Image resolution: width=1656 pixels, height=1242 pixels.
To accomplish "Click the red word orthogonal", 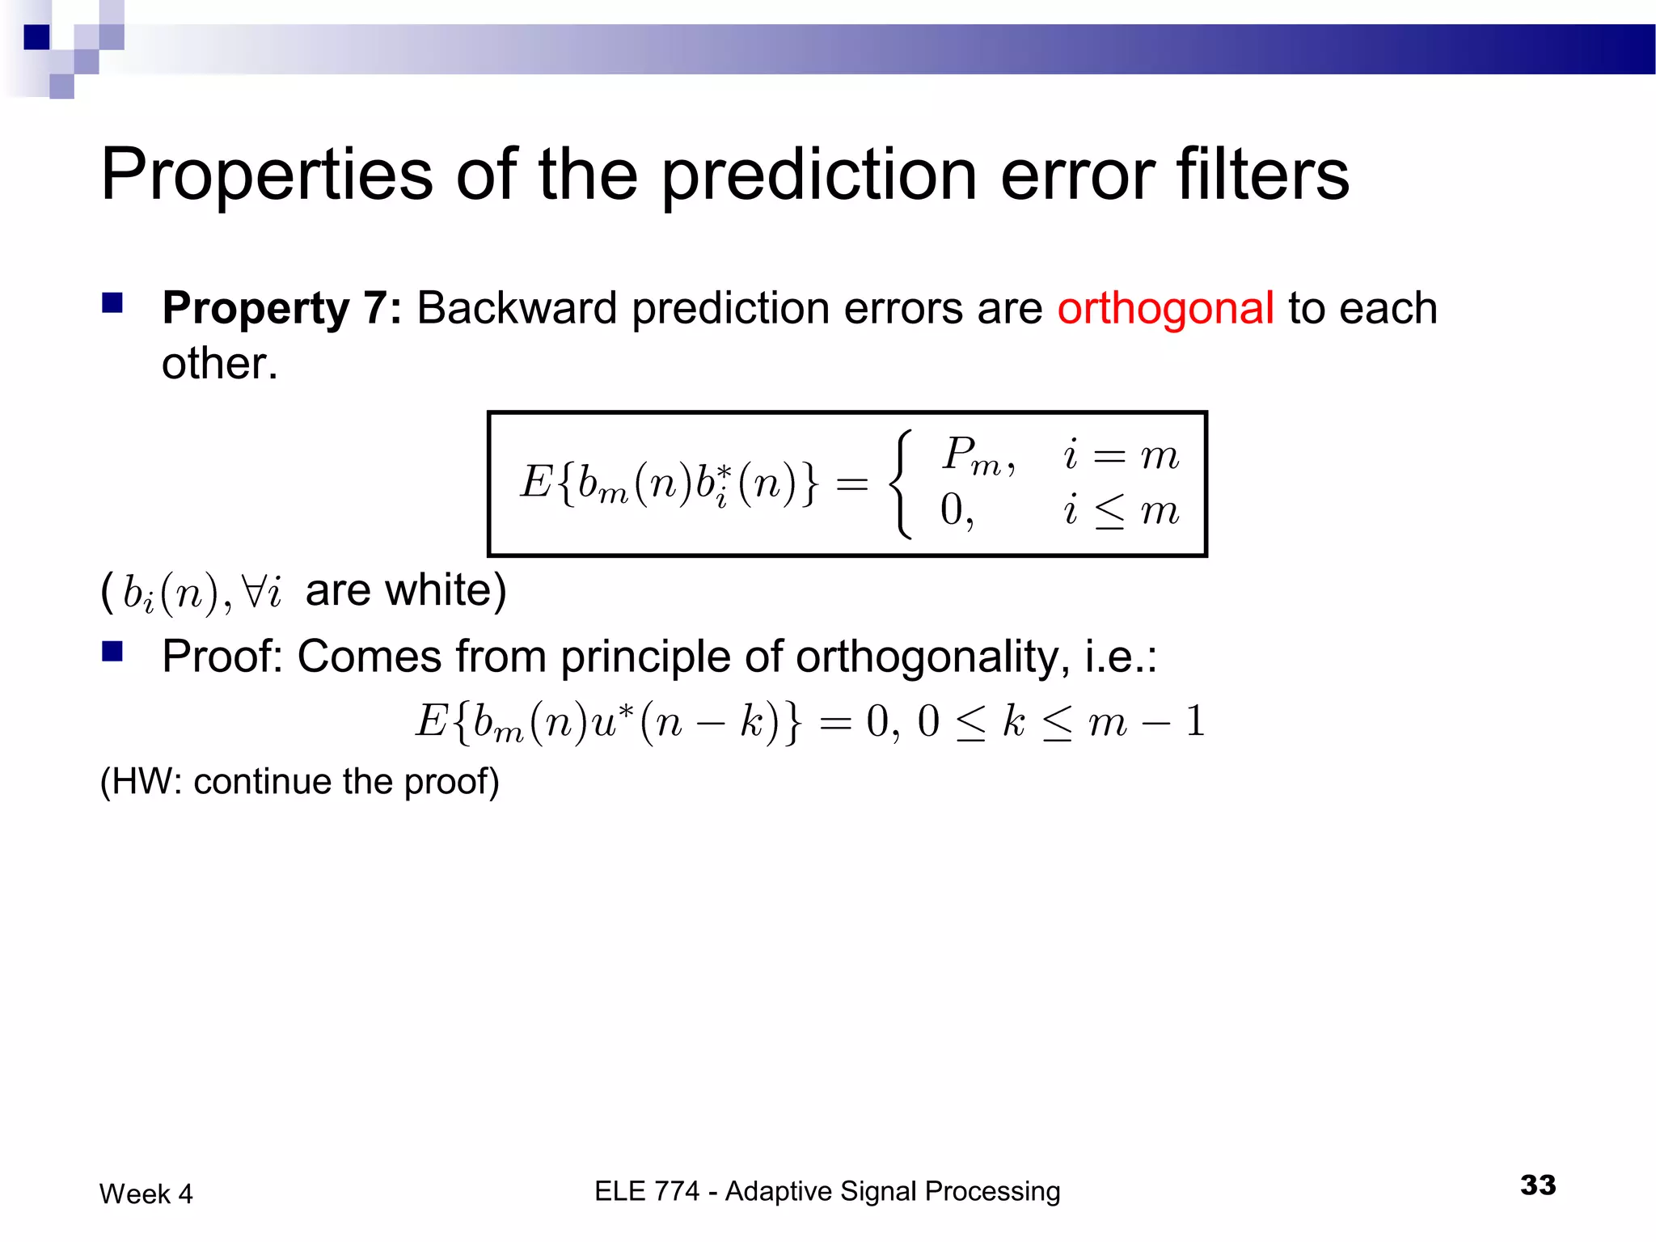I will pos(1165,308).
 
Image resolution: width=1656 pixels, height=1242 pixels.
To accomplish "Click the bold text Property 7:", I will pos(281,308).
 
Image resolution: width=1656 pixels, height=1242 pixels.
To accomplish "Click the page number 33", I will pos(1537,1185).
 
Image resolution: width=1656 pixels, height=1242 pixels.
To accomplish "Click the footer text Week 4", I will pos(146,1193).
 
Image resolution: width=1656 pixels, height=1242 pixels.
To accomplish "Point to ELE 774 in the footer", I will pos(646,1191).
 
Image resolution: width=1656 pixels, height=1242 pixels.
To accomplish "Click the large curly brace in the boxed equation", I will pos(901,484).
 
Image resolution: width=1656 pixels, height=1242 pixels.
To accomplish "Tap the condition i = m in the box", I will pos(1121,456).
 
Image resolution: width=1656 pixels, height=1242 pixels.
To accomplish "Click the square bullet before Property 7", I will pos(112,303).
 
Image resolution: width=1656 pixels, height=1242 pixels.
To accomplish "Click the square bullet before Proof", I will pos(112,651).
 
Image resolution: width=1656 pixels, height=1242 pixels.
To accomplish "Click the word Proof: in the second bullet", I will pos(222,656).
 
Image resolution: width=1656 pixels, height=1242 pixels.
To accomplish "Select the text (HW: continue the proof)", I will pos(299,781).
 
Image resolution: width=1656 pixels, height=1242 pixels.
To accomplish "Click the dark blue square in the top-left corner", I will pos(36,37).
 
